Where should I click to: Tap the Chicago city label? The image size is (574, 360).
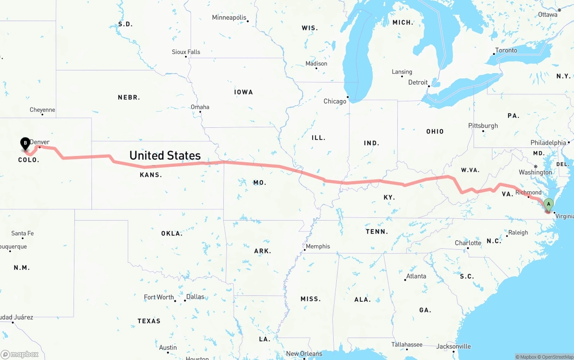335,101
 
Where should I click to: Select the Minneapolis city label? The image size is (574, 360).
229,17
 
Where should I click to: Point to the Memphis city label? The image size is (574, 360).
318,246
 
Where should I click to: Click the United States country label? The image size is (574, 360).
165,156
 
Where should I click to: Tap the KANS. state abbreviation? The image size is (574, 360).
151,175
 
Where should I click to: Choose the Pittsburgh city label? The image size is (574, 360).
483,126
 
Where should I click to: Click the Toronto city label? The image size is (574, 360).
506,50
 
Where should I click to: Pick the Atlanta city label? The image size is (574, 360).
416,276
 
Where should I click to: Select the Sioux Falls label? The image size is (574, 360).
186,52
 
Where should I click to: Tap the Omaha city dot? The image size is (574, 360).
200,112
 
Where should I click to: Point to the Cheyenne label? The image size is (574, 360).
42,110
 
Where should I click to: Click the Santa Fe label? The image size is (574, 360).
22,233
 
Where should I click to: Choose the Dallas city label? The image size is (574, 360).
195,297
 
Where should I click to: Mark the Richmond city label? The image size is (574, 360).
529,192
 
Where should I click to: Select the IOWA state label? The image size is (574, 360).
244,92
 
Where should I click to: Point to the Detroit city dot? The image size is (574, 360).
429,86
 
